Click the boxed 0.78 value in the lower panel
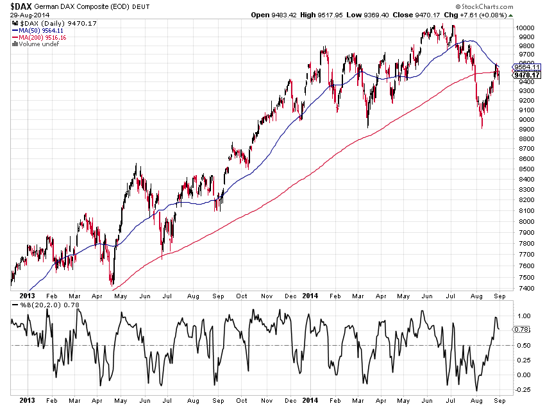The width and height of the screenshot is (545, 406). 521,329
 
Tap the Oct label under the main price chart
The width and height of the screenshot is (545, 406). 241,296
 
